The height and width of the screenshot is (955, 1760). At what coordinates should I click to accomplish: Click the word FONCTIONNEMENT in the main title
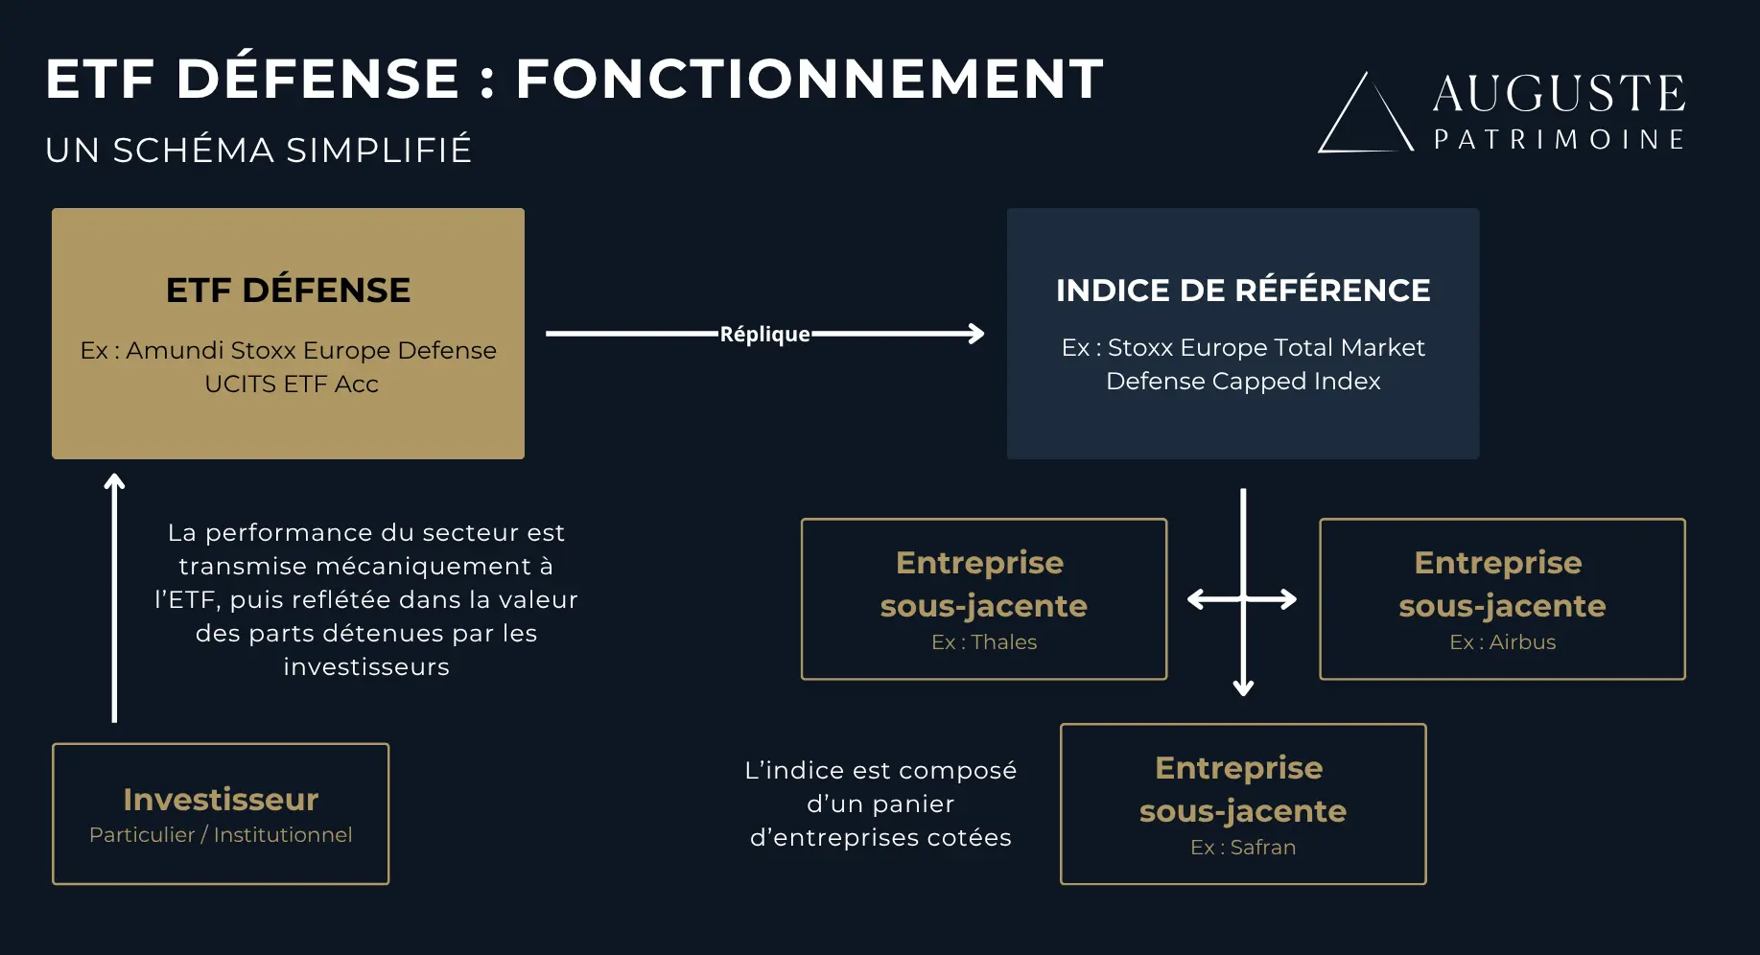coord(810,79)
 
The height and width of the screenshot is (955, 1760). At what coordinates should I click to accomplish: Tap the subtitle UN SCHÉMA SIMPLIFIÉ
coord(259,151)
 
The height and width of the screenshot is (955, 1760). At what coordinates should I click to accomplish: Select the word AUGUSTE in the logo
coord(1559,94)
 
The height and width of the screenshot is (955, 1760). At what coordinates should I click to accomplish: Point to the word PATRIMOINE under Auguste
coord(1559,140)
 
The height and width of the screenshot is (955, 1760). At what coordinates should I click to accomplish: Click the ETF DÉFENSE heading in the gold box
coord(288,291)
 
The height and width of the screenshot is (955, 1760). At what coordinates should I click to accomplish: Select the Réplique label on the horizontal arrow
coord(764,335)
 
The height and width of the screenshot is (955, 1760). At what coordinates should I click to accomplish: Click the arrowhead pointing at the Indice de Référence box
coord(976,334)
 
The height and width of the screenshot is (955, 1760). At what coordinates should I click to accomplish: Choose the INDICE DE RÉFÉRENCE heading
coord(1243,291)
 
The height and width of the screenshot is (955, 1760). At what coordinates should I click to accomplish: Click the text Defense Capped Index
coord(1243,382)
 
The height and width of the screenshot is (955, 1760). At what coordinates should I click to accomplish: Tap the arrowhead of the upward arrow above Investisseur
coord(114,482)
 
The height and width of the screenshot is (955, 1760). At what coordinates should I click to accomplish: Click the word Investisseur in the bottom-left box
coord(221,800)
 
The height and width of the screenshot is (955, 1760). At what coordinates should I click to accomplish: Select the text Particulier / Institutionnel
coord(221,835)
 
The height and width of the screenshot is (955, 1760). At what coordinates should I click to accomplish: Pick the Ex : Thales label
coord(984,642)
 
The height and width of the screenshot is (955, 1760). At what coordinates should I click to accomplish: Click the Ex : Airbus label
coord(1502,642)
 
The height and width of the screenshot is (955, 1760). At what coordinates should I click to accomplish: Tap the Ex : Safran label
coord(1243,848)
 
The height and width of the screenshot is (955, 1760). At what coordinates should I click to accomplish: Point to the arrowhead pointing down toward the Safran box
coord(1243,687)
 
